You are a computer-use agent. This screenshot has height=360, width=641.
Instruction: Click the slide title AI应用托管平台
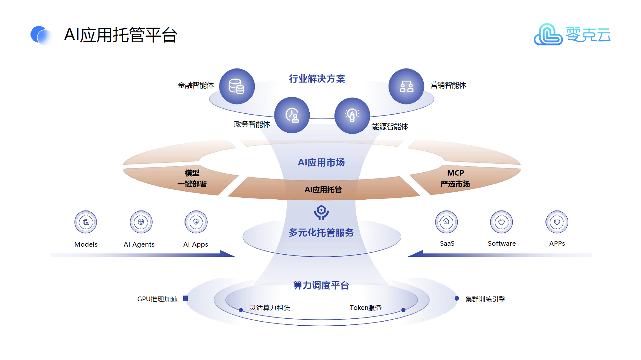[x=120, y=35]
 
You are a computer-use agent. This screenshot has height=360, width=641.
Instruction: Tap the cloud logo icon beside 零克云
[x=548, y=35]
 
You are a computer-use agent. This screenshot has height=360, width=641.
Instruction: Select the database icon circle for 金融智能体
[x=237, y=86]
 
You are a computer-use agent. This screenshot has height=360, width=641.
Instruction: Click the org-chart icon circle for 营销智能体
[x=406, y=86]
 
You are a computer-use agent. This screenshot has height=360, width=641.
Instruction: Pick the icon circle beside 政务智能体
[x=292, y=115]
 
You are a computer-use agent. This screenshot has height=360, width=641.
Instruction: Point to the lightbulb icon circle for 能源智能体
[x=352, y=116]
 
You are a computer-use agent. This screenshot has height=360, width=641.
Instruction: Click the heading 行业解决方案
[x=317, y=79]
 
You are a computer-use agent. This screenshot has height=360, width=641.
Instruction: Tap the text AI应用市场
[x=321, y=163]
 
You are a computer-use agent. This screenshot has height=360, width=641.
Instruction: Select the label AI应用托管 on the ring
[x=323, y=190]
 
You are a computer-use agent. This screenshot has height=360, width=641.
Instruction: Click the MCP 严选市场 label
[x=455, y=178]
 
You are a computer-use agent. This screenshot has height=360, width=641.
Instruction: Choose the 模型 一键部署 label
[x=192, y=178]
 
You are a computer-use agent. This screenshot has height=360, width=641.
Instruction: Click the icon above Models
[x=86, y=222]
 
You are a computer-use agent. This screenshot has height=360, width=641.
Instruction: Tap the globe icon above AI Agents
[x=141, y=222]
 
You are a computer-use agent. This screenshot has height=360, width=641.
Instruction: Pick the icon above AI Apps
[x=196, y=222]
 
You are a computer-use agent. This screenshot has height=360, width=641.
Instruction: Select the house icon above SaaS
[x=446, y=222]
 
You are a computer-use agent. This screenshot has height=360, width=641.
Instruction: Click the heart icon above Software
[x=502, y=222]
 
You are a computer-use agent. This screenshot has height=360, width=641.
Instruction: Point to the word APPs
[x=557, y=243]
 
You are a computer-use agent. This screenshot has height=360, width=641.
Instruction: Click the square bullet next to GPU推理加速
[x=186, y=298]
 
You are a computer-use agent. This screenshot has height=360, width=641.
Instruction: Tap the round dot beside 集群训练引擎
[x=457, y=298]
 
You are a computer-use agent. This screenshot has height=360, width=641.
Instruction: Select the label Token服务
[x=366, y=308]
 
